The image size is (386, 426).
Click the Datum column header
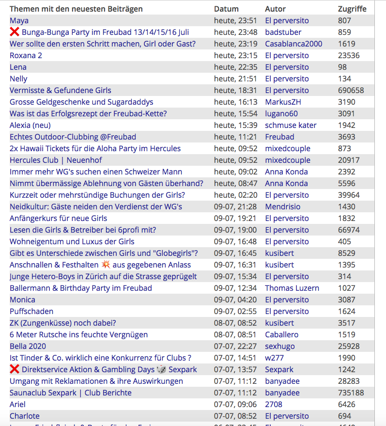pyautogui.click(x=226, y=9)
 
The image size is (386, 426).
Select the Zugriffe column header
pyautogui.click(x=352, y=9)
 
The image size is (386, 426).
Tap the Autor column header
pyautogui.click(x=275, y=9)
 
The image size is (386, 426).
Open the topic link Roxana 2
pyautogui.click(x=26, y=55)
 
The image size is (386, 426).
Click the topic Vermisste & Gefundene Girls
pyautogui.click(x=61, y=90)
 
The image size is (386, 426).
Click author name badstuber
pyautogui.click(x=283, y=32)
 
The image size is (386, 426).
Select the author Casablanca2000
pyautogui.click(x=293, y=44)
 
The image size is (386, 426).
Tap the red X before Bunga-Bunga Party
pyautogui.click(x=15, y=32)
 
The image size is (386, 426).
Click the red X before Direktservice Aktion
pyautogui.click(x=15, y=369)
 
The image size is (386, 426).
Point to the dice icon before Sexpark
pyautogui.click(x=162, y=369)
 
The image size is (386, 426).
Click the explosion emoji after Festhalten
pyautogui.click(x=106, y=265)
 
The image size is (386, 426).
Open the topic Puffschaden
pyautogui.click(x=31, y=311)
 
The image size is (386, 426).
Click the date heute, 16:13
pyautogui.click(x=236, y=102)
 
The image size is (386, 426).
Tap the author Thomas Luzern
pyautogui.click(x=292, y=288)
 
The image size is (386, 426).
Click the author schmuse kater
pyautogui.click(x=291, y=125)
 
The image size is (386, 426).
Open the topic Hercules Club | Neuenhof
pyautogui.click(x=56, y=160)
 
